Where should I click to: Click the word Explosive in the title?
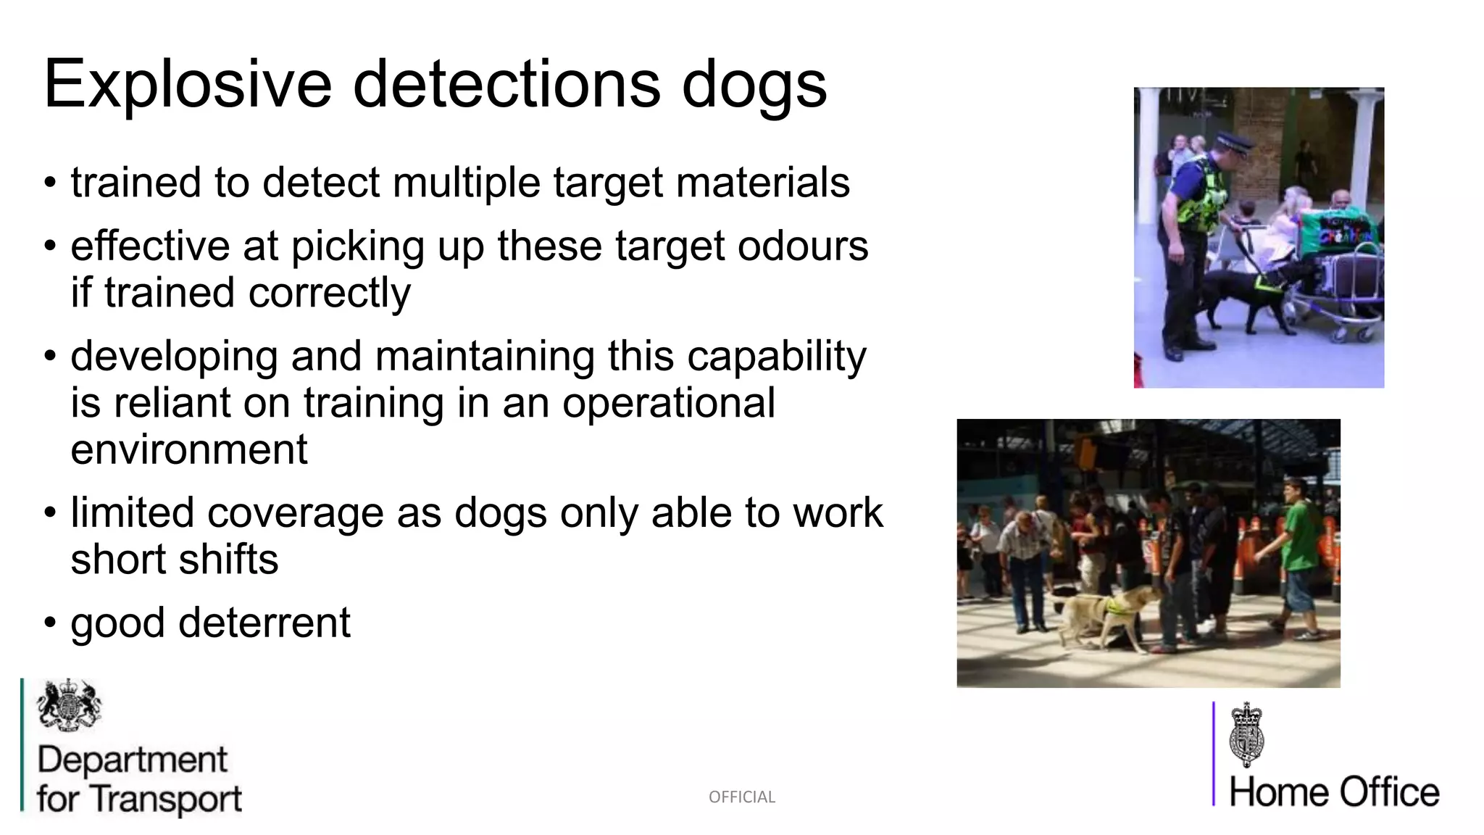188,85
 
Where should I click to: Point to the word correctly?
330,293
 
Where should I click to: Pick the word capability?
776,356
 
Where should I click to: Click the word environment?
189,449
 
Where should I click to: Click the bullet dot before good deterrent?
49,623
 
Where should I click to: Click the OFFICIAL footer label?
742,797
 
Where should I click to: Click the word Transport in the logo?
167,799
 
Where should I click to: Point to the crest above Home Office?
1246,734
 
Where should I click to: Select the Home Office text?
1334,792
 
